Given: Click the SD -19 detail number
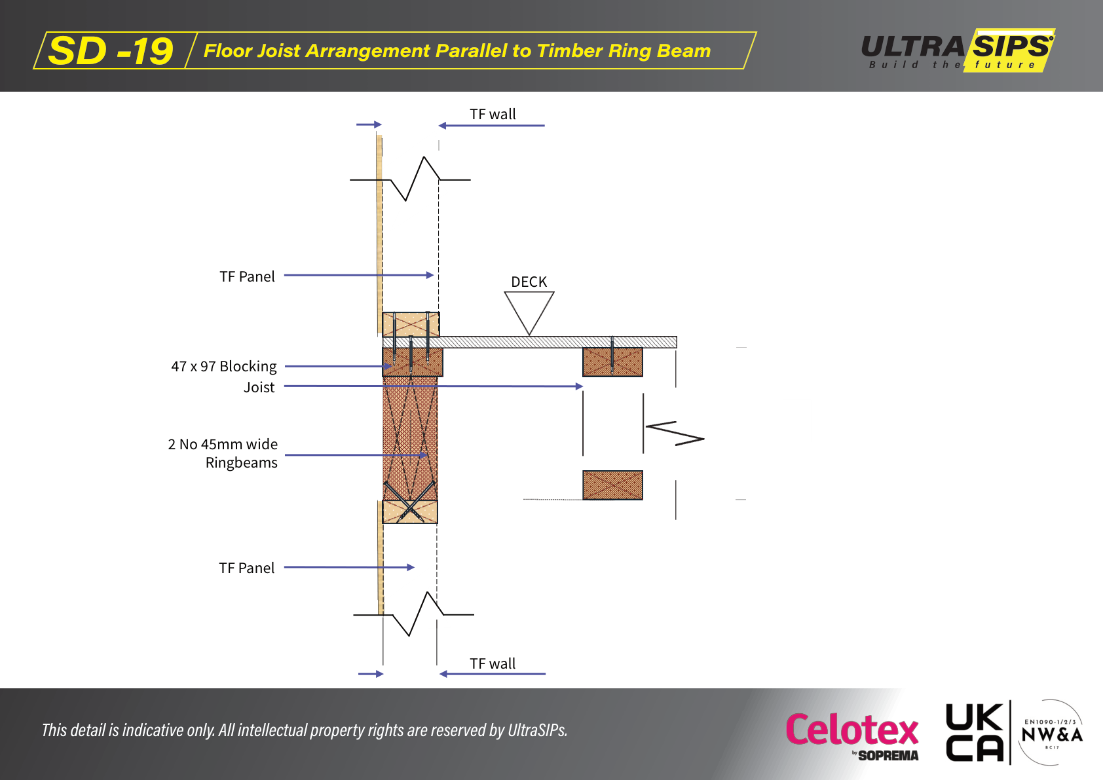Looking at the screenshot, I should tap(110, 51).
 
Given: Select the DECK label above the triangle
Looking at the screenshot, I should tap(529, 282).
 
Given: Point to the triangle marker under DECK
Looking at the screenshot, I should tap(529, 310).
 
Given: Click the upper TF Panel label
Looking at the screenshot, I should tap(247, 276).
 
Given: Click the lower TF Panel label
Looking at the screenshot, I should tap(246, 568).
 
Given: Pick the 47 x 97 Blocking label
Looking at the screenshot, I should tap(223, 366).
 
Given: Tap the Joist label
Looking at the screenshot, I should tap(259, 387).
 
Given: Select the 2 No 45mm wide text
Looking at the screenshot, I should tap(223, 444).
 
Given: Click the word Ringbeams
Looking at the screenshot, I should tap(241, 462).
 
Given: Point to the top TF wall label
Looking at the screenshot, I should tap(493, 114).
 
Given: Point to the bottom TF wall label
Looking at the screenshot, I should tap(493, 663).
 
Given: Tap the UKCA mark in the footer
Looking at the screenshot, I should tap(974, 732).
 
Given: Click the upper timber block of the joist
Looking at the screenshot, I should tap(612, 362).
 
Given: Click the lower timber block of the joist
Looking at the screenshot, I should tap(612, 485).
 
